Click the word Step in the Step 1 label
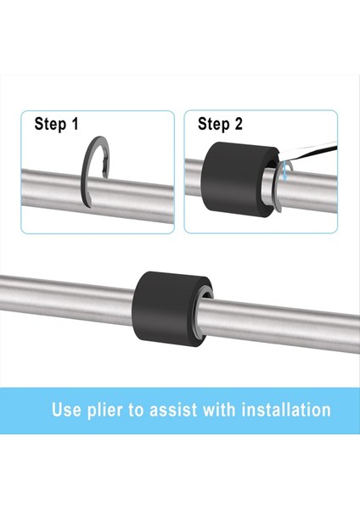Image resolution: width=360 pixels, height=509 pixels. [50, 125]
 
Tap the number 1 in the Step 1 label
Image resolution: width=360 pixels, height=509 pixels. [76, 124]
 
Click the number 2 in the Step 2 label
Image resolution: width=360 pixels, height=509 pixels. [239, 124]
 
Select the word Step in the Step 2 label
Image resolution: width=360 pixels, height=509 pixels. [213, 125]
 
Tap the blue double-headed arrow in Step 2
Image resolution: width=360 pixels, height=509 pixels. [284, 171]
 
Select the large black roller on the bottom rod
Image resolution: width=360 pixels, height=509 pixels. [170, 309]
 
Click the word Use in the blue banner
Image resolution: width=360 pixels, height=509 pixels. [65, 410]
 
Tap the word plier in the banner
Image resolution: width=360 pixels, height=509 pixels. [105, 411]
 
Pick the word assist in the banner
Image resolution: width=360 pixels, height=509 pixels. [173, 410]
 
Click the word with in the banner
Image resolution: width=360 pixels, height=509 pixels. [219, 410]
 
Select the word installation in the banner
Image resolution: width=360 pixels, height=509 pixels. [286, 410]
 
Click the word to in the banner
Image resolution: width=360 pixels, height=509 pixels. [136, 410]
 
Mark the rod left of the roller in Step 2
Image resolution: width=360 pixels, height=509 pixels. [193, 177]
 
